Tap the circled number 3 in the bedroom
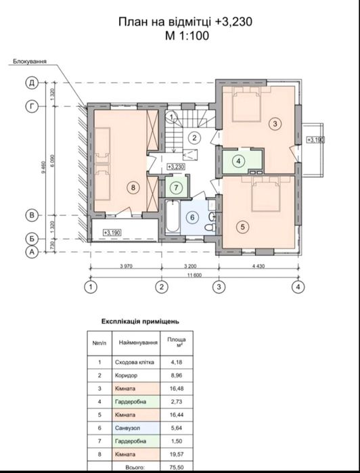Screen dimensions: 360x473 pyautogui.click(x=275, y=123)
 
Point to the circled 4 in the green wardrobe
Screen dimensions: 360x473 pyautogui.click(x=239, y=161)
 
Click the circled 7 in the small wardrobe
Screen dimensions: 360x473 pyautogui.click(x=177, y=188)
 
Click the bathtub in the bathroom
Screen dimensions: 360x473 pyautogui.click(x=173, y=217)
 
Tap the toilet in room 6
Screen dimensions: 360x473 pyautogui.click(x=209, y=227)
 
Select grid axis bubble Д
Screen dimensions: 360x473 pyautogui.click(x=32, y=83)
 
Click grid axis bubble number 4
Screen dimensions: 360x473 pyautogui.click(x=298, y=287)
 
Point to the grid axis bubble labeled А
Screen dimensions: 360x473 pyautogui.click(x=32, y=252)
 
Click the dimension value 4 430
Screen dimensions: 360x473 pyautogui.click(x=258, y=266)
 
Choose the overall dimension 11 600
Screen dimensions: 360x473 pyautogui.click(x=195, y=275)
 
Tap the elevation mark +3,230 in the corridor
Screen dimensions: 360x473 pyautogui.click(x=176, y=167)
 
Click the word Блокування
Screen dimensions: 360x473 pyautogui.click(x=30, y=62)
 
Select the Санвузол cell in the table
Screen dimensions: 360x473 pyautogui.click(x=136, y=428)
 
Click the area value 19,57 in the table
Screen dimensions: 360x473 pyautogui.click(x=177, y=454)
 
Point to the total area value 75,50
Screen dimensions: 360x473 pyautogui.click(x=177, y=468)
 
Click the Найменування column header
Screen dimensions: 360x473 pyautogui.click(x=138, y=342)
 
